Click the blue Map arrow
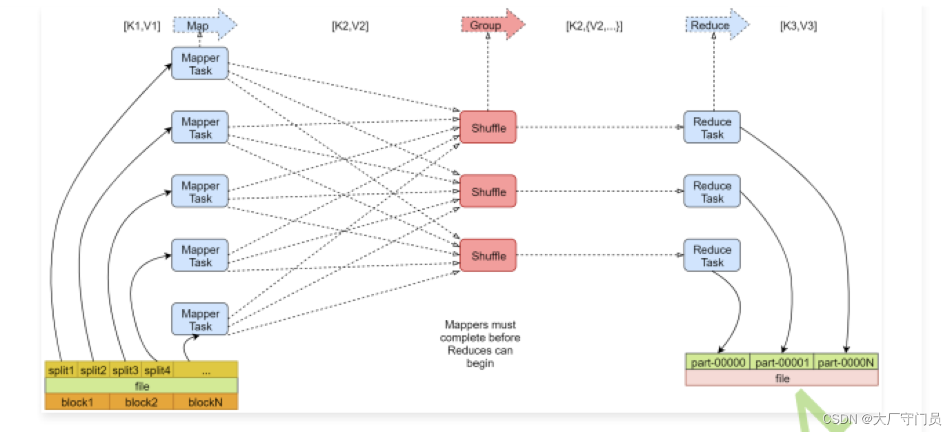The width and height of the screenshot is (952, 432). [204, 26]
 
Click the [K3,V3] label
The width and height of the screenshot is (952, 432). [798, 26]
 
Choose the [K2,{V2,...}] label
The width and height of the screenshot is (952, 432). [593, 26]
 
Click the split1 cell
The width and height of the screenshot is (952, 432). [61, 371]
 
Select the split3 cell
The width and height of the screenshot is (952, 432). [126, 371]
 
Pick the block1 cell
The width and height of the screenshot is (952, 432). [77, 402]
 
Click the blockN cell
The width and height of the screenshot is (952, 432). [205, 402]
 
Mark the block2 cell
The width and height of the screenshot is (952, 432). [141, 402]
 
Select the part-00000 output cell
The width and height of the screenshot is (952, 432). [717, 362]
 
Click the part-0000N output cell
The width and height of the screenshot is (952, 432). [846, 362]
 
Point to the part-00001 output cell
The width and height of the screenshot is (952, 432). [782, 362]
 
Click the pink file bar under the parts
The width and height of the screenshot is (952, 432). [782, 378]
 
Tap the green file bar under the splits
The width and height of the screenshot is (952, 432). [141, 386]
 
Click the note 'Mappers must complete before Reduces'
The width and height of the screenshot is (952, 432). [480, 344]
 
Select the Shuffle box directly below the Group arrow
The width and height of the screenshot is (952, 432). [488, 128]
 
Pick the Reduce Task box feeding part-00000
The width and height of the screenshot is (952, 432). [712, 255]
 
